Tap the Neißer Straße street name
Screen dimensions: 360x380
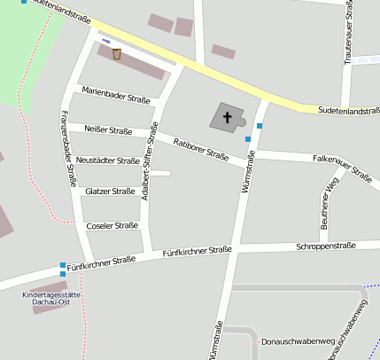tap(108, 131)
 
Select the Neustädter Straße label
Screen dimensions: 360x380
tap(107, 160)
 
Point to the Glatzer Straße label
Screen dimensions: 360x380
tap(110, 191)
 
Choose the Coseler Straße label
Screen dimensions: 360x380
tap(112, 225)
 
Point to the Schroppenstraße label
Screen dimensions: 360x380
tap(325, 246)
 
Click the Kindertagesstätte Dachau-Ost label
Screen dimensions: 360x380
tap(50, 299)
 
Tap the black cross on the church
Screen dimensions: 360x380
tap(227, 116)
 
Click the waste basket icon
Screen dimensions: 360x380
tap(116, 54)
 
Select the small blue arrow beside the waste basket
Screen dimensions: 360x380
tap(105, 41)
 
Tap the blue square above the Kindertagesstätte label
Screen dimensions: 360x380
tap(63, 265)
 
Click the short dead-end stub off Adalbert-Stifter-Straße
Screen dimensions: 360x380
tap(160, 174)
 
